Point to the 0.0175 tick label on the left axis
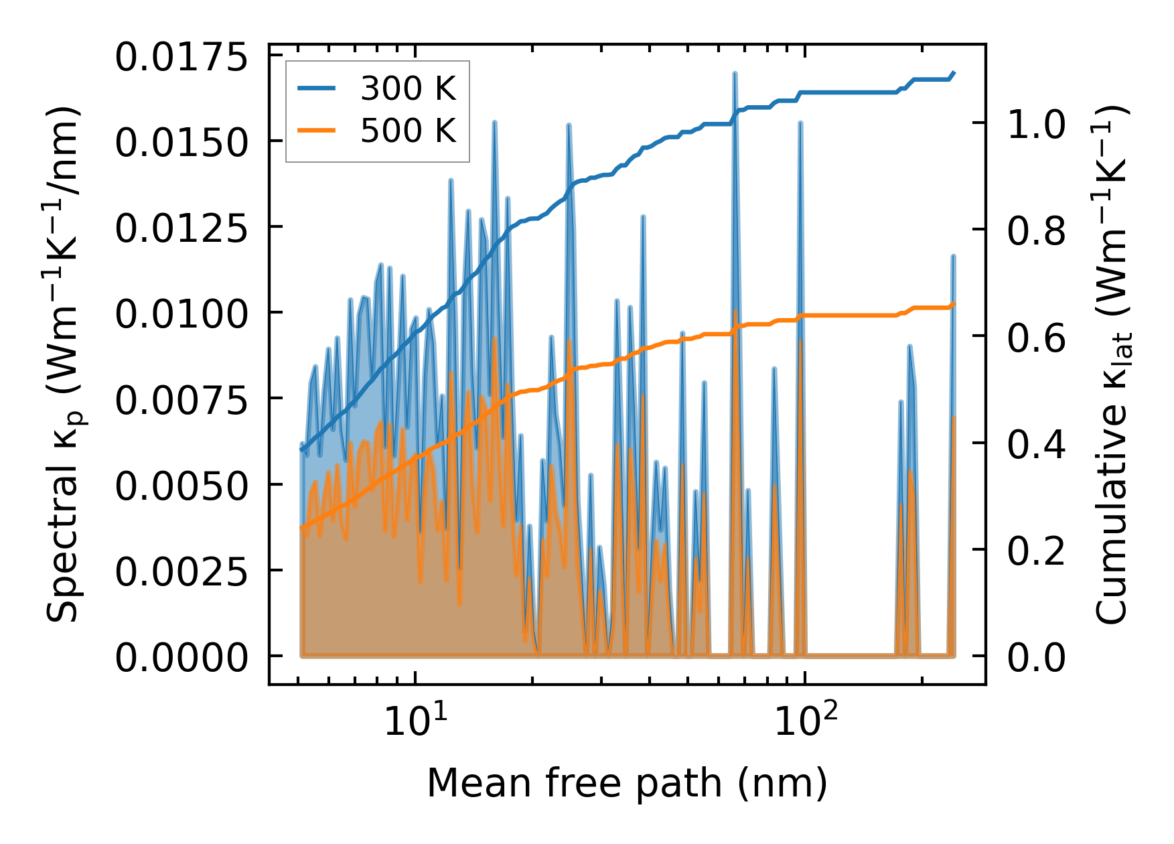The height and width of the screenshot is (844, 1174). pyautogui.click(x=181, y=58)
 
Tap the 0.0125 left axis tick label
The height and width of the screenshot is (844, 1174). pyautogui.click(x=181, y=229)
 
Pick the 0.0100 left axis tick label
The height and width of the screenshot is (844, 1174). pyautogui.click(x=181, y=314)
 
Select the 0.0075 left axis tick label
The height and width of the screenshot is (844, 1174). pyautogui.click(x=181, y=401)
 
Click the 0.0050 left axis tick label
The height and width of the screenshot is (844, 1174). pyautogui.click(x=181, y=486)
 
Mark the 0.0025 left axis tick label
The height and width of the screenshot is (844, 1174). pyautogui.click(x=181, y=572)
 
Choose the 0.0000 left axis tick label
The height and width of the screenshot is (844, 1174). pyautogui.click(x=181, y=658)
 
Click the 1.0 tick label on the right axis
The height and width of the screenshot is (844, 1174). pyautogui.click(x=1036, y=125)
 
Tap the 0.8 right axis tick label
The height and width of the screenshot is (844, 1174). pyautogui.click(x=1036, y=232)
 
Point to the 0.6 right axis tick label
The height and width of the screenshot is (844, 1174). pyautogui.click(x=1036, y=338)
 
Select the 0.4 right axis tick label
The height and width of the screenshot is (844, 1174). pyautogui.click(x=1036, y=445)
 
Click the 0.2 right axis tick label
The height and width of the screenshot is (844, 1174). pyautogui.click(x=1036, y=551)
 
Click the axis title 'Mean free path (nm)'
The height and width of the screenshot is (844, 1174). pyautogui.click(x=627, y=783)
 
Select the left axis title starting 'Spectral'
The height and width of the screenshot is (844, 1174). pyautogui.click(x=64, y=365)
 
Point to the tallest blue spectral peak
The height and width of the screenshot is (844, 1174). pyautogui.click(x=735, y=74)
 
